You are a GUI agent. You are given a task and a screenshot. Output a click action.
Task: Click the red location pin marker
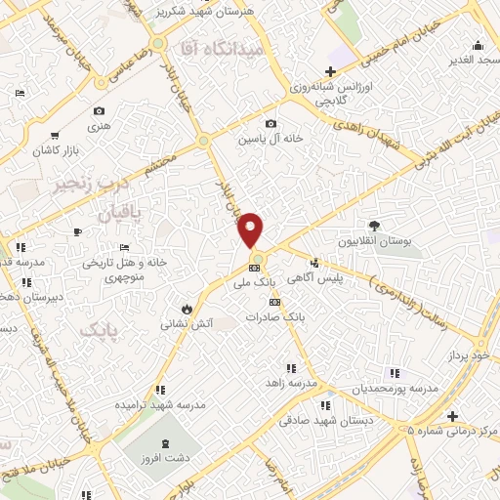click(252, 230)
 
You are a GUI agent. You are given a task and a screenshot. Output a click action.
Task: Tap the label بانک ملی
click(256, 281)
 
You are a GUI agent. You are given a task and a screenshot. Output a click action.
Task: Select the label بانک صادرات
click(271, 316)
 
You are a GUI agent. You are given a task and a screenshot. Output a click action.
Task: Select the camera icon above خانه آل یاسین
click(271, 124)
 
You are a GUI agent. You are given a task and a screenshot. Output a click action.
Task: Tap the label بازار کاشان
click(58, 152)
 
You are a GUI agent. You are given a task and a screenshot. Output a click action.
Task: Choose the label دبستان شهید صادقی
click(327, 421)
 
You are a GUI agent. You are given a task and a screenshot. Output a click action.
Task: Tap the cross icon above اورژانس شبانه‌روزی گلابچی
click(330, 71)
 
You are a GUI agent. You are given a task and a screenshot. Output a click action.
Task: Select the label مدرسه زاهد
click(293, 384)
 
